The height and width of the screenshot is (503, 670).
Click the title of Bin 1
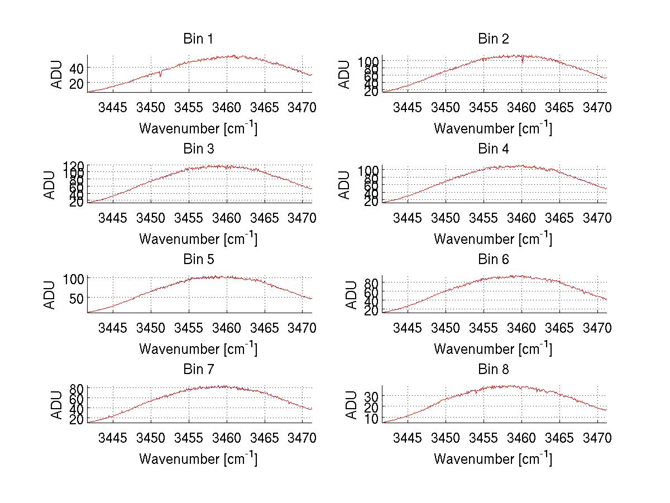[x=198, y=39]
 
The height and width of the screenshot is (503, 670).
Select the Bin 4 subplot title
[x=494, y=149]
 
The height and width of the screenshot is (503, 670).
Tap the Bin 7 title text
[x=198, y=370]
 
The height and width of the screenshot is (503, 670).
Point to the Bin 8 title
[x=494, y=370]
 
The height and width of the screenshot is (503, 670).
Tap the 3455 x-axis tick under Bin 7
[x=189, y=438]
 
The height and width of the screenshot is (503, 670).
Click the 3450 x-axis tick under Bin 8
[x=446, y=438]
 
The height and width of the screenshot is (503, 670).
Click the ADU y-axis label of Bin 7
[x=50, y=404]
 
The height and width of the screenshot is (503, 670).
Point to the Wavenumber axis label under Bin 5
[x=198, y=349]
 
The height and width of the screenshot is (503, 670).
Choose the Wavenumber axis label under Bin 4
[x=494, y=239]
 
